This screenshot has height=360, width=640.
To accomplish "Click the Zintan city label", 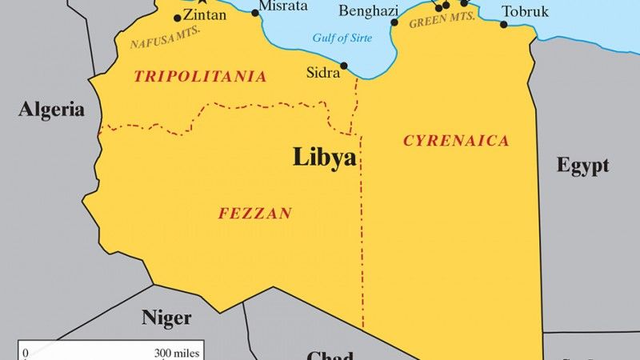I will tap(205, 14).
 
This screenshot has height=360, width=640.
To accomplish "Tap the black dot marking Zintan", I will tap(178, 18).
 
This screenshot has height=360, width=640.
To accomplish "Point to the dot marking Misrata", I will tap(255, 12).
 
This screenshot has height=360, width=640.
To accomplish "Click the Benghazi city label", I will tap(369, 10).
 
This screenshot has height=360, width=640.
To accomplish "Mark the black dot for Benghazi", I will tap(394, 22).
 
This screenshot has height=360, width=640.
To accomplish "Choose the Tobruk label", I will tap(526, 11).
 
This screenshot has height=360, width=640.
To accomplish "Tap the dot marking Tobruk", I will tap(504, 24).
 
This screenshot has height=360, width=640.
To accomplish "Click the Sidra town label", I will tap(324, 72).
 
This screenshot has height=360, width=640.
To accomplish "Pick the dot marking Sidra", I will tap(344, 66).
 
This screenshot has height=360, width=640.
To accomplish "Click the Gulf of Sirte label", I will tap(343, 37).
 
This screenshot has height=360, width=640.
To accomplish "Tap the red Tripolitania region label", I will tap(200, 77).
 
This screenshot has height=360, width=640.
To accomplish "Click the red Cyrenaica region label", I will tap(456, 141).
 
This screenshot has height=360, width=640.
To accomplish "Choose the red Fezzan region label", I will tap(254, 214).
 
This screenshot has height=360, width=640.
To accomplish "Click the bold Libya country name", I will tap(324, 157).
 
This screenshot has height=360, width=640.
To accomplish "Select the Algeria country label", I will tap(52, 110).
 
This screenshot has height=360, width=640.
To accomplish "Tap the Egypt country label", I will tap(583, 166).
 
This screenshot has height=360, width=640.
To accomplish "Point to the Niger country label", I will tap(166, 318).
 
